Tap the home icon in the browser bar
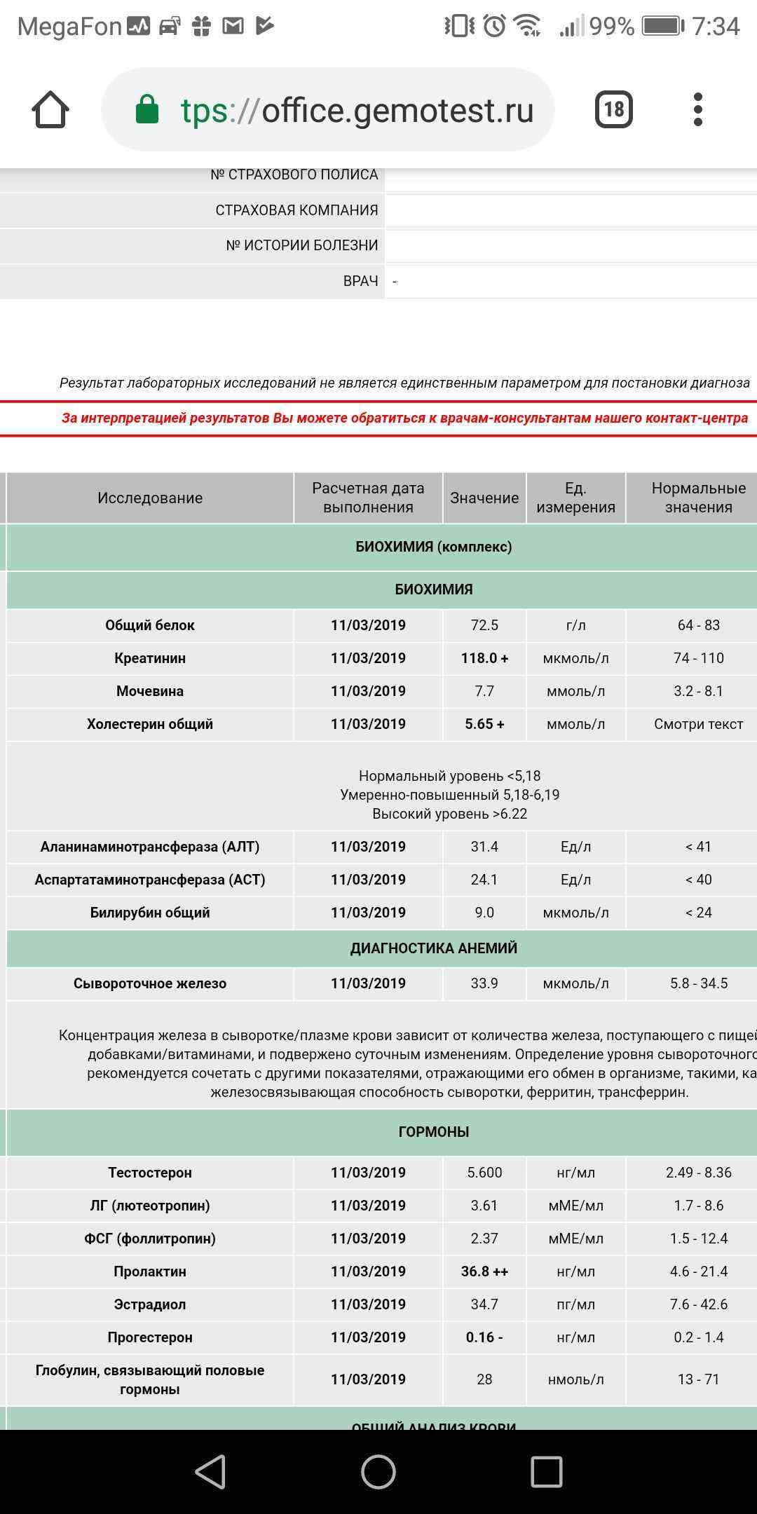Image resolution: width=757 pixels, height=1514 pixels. [x=50, y=110]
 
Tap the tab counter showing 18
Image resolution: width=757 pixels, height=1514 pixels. [x=613, y=109]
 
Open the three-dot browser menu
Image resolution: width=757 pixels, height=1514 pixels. [x=697, y=109]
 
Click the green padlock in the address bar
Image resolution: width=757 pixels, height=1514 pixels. [x=147, y=110]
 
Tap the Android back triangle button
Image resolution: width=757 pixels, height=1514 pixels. [x=210, y=1471]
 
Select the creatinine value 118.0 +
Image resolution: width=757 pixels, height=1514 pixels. [x=484, y=658]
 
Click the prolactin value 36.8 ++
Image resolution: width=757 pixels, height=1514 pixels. [x=484, y=1271]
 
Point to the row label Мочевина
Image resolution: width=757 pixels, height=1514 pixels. [x=150, y=691]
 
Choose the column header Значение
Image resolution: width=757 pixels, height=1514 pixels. [x=484, y=498]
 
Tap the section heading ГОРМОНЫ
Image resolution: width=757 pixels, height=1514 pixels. [x=434, y=1132]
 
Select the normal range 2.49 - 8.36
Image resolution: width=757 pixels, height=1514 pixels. [x=698, y=1173]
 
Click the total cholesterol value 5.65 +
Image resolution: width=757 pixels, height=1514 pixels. [x=484, y=724]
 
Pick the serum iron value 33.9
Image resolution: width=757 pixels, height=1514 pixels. [x=484, y=983]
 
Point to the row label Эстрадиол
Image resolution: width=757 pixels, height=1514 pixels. [x=150, y=1304]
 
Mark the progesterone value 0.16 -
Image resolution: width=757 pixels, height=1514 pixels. [x=484, y=1337]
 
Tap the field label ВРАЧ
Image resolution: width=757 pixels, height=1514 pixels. [x=360, y=281]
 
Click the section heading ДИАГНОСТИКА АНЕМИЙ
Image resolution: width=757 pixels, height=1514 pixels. [x=434, y=948]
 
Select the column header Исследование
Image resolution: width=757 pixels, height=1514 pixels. [x=150, y=498]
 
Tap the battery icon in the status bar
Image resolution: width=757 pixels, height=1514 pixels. [x=663, y=26]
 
